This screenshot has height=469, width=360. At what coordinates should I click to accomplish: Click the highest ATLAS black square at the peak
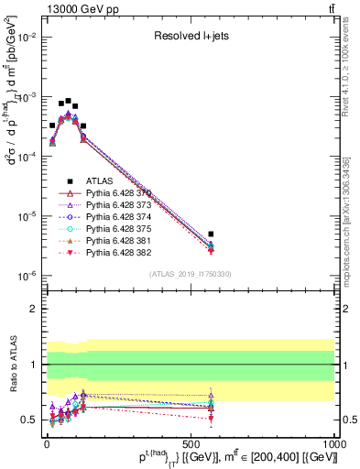pyautogui.click(x=68, y=101)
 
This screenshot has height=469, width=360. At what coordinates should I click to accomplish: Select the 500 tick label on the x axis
pyautogui.click(x=191, y=443)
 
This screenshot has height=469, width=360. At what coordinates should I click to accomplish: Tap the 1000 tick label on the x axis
pyautogui.click(x=333, y=443)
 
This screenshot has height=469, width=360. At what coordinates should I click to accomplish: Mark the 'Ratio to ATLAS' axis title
pyautogui.click(x=11, y=366)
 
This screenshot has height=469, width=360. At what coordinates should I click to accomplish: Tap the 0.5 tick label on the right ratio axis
pyautogui.click(x=348, y=420)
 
